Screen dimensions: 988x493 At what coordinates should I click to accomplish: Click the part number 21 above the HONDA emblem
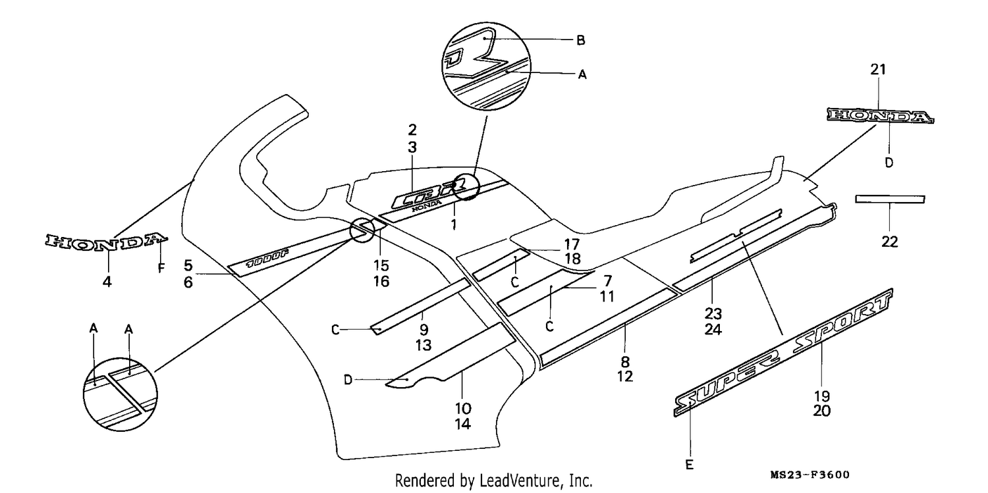[878, 69]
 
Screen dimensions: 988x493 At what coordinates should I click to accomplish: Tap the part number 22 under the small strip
[890, 242]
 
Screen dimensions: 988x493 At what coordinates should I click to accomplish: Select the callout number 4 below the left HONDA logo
[107, 282]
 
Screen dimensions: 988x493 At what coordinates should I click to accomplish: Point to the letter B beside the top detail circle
[581, 40]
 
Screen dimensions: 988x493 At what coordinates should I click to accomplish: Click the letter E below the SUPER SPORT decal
[690, 465]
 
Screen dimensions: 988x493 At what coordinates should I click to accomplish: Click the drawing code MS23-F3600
[810, 475]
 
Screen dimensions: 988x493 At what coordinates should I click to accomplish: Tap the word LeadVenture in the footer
[520, 480]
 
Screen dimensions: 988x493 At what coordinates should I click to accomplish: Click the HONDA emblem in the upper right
[881, 116]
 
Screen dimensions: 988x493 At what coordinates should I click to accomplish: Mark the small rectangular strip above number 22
[890, 199]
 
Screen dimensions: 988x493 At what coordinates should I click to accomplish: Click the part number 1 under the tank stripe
[454, 224]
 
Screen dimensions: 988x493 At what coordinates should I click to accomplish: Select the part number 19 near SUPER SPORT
[822, 396]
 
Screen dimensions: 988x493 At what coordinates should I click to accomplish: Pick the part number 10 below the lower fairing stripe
[462, 408]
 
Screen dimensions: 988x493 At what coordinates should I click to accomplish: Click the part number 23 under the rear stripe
[713, 314]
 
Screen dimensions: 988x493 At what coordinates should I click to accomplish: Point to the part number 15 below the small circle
[381, 266]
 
